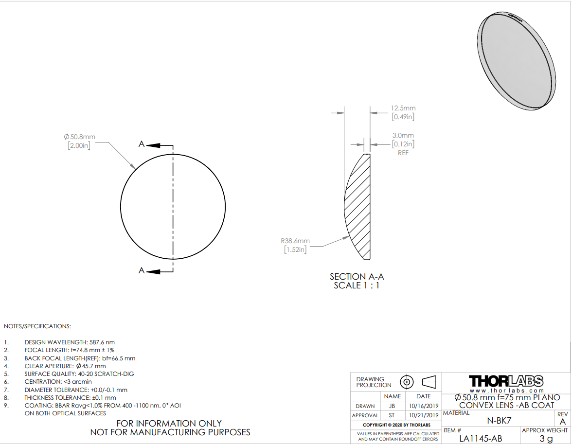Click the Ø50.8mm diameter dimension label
(x=80, y=137)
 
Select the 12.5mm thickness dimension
(x=403, y=108)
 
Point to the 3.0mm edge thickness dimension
(x=403, y=135)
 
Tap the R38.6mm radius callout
(x=295, y=241)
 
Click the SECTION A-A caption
(x=357, y=277)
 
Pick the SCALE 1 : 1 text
(x=357, y=285)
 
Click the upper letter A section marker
(x=142, y=144)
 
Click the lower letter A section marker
(x=142, y=270)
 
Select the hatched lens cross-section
(x=359, y=206)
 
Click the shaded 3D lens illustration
(x=517, y=60)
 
